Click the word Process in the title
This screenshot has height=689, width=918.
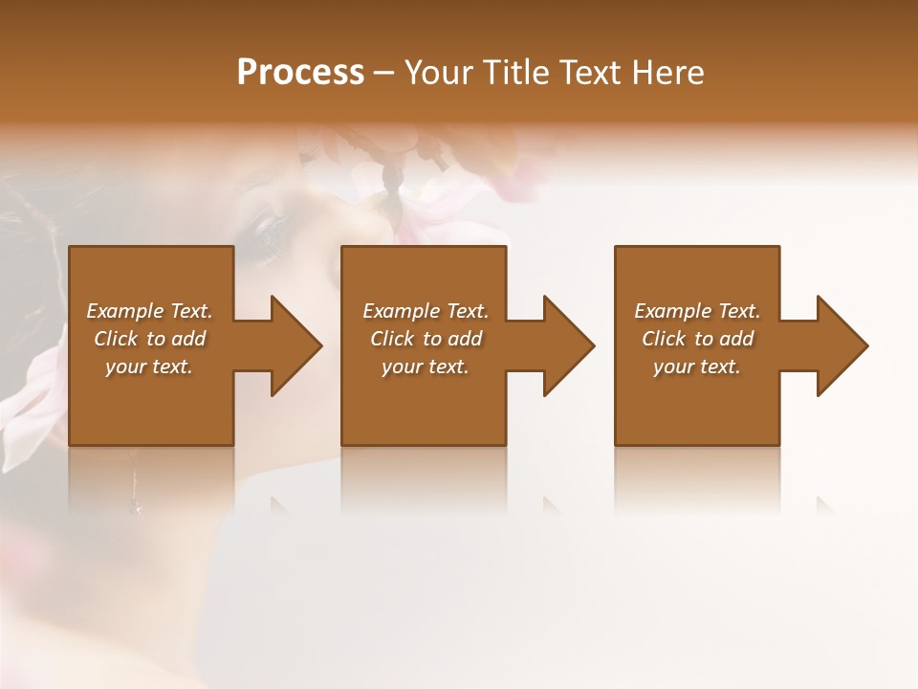click(300, 73)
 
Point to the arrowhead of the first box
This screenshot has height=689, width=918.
click(295, 345)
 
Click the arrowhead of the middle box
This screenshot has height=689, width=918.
click(567, 345)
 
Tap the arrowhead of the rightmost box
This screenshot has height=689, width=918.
click(841, 345)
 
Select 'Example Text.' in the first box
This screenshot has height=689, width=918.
click(149, 311)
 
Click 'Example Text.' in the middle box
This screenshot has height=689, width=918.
click(426, 311)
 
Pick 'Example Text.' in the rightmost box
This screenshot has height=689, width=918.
click(697, 311)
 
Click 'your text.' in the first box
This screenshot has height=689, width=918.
click(149, 367)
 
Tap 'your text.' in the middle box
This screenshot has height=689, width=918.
click(426, 367)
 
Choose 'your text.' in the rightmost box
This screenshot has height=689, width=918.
click(697, 367)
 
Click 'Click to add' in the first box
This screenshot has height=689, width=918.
click(149, 339)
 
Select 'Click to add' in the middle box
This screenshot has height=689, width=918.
click(426, 339)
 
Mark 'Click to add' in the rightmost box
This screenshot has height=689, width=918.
click(697, 339)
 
